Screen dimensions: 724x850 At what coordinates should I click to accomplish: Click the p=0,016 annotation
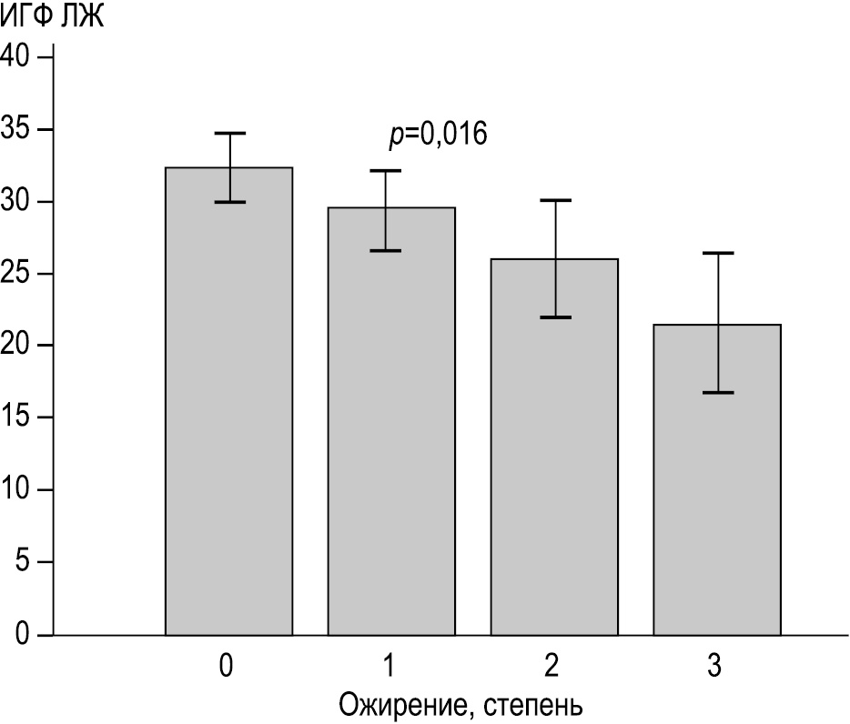point(438,136)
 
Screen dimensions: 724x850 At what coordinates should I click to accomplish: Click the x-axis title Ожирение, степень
point(460,704)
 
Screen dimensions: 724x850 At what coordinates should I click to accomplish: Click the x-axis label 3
point(714,667)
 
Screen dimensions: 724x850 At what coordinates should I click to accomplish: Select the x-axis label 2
point(551,667)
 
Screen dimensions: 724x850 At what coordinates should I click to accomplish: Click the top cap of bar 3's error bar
point(717,253)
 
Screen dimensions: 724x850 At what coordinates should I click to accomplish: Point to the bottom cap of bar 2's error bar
point(554,317)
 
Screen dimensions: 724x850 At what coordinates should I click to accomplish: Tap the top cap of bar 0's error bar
point(229,134)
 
